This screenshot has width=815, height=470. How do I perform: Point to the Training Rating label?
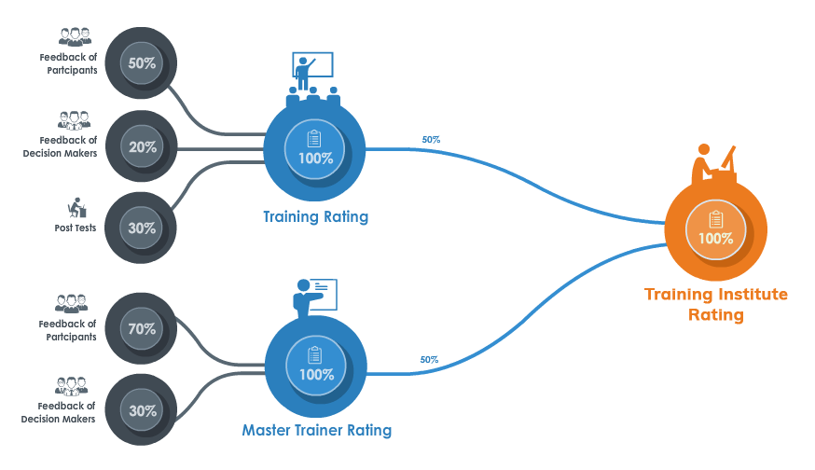tap(315, 217)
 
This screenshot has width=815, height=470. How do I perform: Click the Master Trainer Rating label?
tap(316, 431)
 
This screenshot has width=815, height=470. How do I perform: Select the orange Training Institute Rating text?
tap(715, 305)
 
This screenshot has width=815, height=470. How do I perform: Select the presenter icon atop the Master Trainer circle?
tap(312, 297)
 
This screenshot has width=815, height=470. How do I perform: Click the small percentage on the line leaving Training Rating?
tap(431, 140)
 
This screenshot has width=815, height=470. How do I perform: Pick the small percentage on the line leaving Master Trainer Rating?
tap(430, 359)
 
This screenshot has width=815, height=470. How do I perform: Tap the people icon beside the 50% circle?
tap(75, 36)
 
